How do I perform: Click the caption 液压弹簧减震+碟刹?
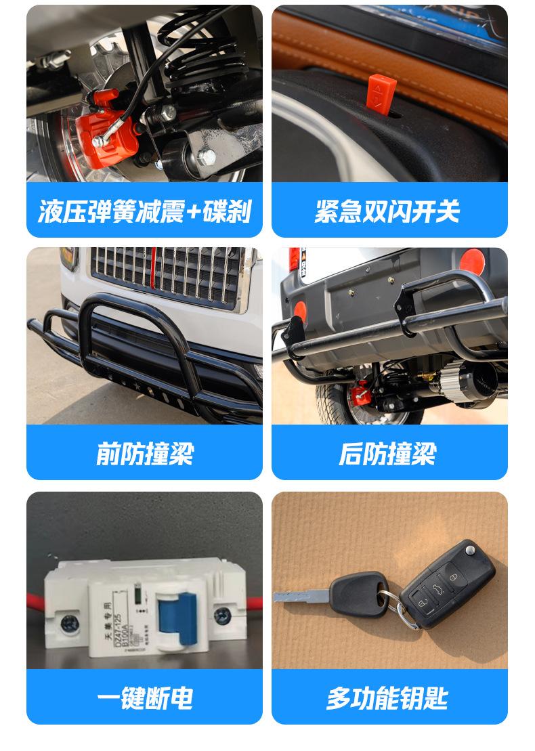click(x=144, y=211)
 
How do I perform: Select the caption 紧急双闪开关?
click(x=389, y=211)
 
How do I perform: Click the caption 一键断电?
click(x=144, y=698)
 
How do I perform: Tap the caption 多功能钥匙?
click(x=389, y=698)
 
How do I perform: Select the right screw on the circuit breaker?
click(x=222, y=615)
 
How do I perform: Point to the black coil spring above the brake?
click(x=203, y=54)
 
